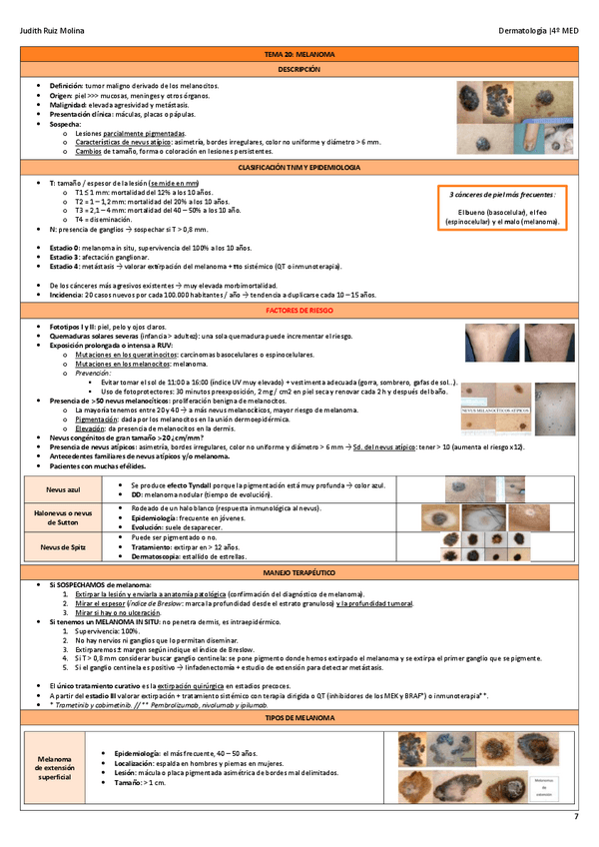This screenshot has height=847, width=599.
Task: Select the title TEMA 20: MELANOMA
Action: point(299,54)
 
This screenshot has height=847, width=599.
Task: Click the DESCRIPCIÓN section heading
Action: point(299,70)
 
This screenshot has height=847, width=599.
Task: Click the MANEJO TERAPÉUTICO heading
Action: point(299,575)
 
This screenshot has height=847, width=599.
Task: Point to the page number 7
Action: point(575,818)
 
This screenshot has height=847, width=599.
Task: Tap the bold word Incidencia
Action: point(70,295)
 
